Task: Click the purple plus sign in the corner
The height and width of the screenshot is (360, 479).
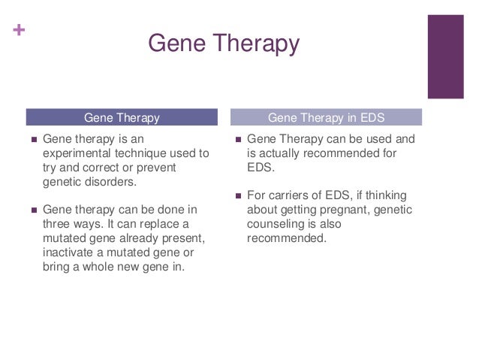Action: coord(19,30)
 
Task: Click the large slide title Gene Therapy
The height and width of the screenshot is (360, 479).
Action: coord(224,44)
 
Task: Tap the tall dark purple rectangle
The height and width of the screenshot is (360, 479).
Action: coord(446,56)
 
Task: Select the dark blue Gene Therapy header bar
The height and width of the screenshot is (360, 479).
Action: coord(122,117)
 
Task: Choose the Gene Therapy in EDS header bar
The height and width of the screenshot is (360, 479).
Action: coord(327,117)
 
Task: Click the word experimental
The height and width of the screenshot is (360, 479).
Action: coord(77,153)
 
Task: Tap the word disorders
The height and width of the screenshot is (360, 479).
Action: coord(110,182)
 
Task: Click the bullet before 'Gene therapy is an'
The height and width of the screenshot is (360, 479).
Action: coord(34,140)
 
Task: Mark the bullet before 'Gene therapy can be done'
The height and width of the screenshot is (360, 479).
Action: coord(34,210)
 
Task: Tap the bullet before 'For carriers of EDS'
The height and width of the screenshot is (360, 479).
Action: coord(238,196)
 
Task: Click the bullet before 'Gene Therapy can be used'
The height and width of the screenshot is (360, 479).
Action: coord(238,140)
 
